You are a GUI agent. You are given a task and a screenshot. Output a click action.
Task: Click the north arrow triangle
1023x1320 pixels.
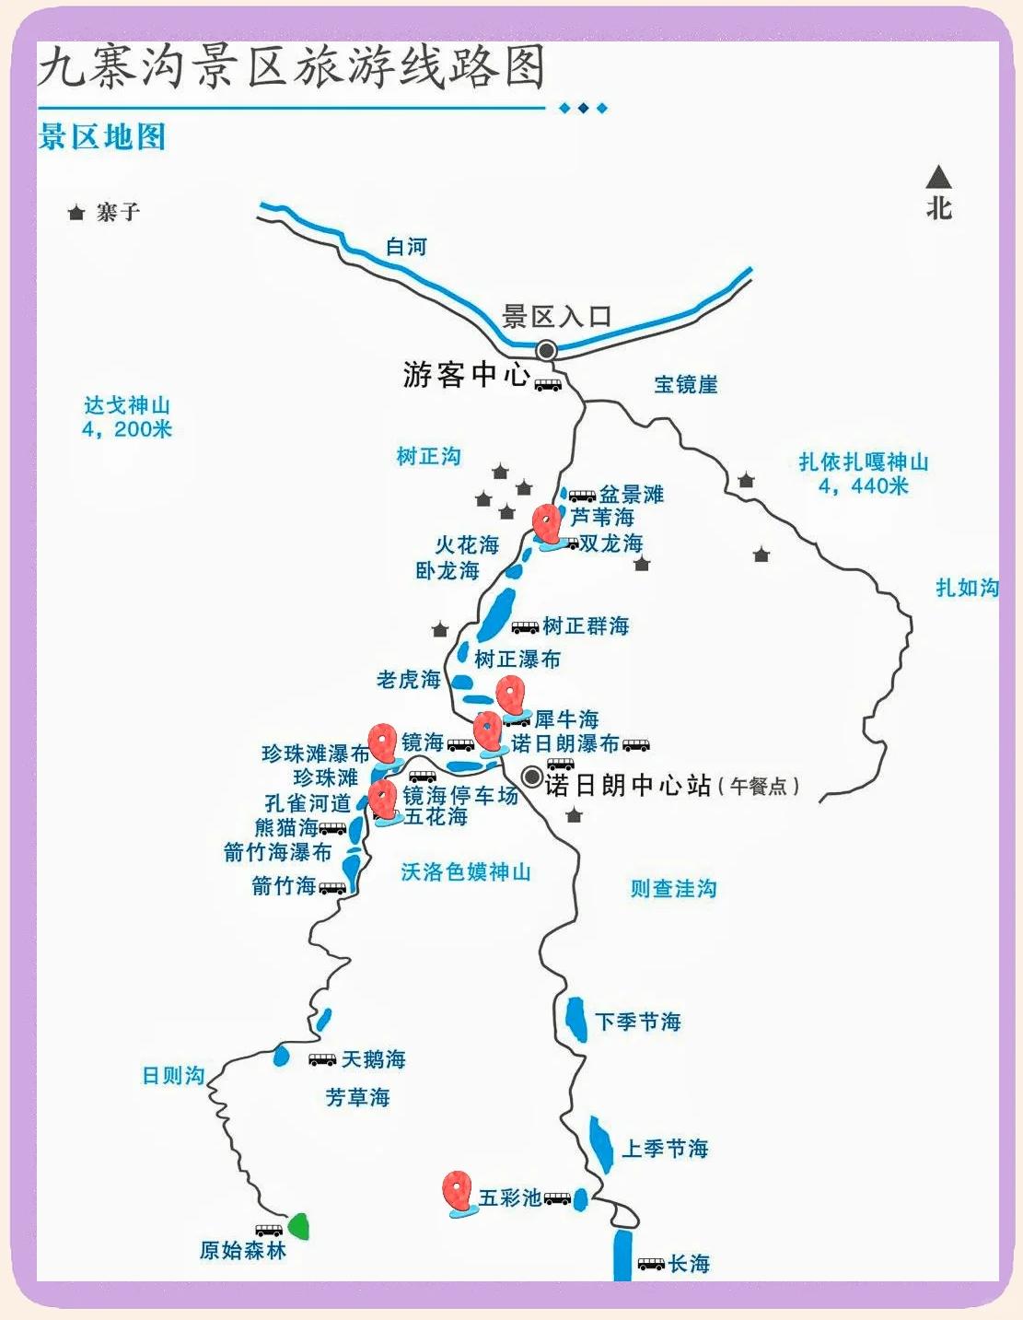[938, 177]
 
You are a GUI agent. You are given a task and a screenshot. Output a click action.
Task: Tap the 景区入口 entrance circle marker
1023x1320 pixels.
[547, 350]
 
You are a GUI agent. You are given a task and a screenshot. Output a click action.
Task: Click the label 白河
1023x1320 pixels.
[406, 247]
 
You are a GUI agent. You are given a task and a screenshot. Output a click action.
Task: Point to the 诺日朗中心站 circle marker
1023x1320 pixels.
[531, 777]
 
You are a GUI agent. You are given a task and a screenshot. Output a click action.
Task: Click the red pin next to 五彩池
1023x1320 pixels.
[456, 1190]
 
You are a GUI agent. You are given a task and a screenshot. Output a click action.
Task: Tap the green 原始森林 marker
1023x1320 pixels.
[298, 1226]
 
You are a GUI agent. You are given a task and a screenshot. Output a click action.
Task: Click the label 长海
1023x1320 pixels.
[689, 1264]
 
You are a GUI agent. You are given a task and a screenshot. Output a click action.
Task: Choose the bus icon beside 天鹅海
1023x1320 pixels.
[322, 1059]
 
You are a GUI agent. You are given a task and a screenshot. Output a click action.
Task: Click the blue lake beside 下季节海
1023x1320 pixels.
[576, 1018]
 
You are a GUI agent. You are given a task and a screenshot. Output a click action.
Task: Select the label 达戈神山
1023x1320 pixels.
[127, 405]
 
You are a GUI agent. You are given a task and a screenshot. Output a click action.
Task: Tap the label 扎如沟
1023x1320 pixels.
[967, 588]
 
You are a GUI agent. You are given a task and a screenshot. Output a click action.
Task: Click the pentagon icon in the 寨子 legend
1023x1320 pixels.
[76, 213]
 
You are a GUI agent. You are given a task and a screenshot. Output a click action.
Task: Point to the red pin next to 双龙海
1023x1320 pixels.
[547, 523]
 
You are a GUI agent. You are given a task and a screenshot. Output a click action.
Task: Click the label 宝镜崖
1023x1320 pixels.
[686, 384]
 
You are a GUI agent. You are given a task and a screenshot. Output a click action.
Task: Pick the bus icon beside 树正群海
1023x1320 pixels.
[525, 627]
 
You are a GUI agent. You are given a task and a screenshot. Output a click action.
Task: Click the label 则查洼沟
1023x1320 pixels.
[673, 888]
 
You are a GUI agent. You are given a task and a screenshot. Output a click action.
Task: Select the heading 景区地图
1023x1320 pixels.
[102, 137]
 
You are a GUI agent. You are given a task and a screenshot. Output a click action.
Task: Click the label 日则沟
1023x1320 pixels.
[173, 1075]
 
